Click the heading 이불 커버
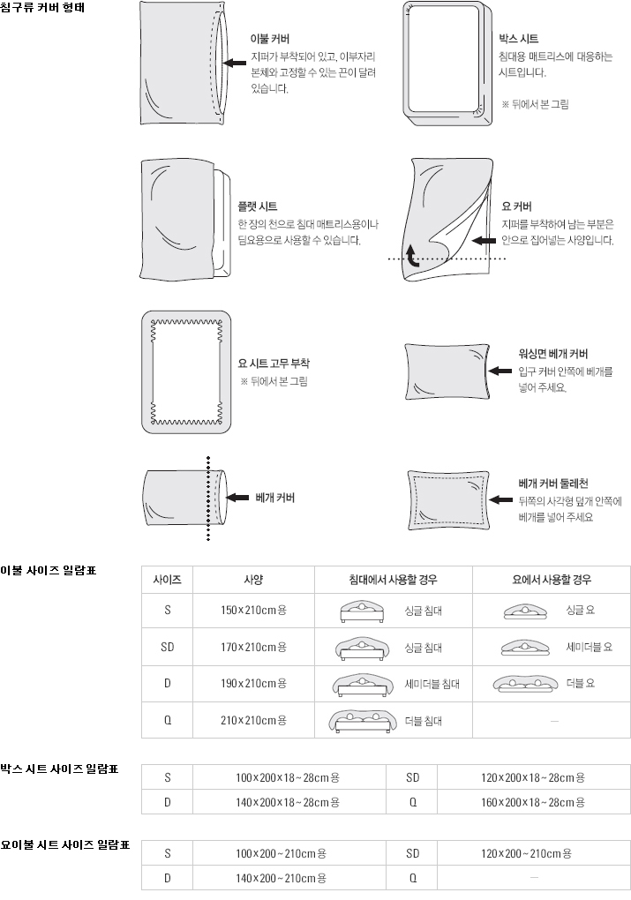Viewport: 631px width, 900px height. tap(270, 39)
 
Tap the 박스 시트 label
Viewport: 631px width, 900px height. tap(518, 39)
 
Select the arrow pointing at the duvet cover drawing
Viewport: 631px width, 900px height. tap(234, 63)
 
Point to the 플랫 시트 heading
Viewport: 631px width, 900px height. tap(257, 206)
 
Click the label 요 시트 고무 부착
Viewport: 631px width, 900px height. tap(274, 363)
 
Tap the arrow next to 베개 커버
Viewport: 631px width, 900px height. tap(237, 498)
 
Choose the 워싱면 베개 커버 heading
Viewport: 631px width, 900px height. tap(553, 352)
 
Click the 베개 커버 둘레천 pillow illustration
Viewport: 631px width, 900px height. tap(447, 500)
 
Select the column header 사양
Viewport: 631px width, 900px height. tap(253, 580)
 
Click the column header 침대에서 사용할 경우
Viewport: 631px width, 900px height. tap(394, 580)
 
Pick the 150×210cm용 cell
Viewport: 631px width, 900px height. tap(253, 610)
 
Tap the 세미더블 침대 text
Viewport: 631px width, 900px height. tap(432, 683)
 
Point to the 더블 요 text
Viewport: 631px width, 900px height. tap(579, 683)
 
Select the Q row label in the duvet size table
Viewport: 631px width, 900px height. tap(168, 720)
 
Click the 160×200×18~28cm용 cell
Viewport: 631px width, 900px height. tap(533, 802)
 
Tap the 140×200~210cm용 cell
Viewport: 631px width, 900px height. tap(282, 878)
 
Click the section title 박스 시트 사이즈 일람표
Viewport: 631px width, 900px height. tap(60, 769)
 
